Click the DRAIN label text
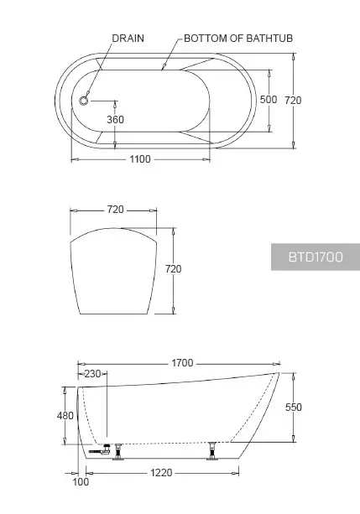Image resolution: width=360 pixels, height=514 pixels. click(x=128, y=39)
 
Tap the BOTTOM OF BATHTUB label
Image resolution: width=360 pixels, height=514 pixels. click(x=238, y=39)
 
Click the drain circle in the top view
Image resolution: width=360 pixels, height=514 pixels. click(x=84, y=101)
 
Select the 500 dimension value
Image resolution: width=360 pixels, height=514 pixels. click(x=269, y=99)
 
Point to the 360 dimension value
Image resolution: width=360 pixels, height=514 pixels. click(x=115, y=120)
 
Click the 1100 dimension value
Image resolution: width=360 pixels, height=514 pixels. click(x=140, y=159)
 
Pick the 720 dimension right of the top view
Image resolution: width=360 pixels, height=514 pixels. click(x=293, y=100)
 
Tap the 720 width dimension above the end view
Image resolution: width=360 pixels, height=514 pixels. click(x=115, y=210)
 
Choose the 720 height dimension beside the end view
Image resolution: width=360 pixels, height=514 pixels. click(x=173, y=269)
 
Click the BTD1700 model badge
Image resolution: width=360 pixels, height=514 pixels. click(x=316, y=257)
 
